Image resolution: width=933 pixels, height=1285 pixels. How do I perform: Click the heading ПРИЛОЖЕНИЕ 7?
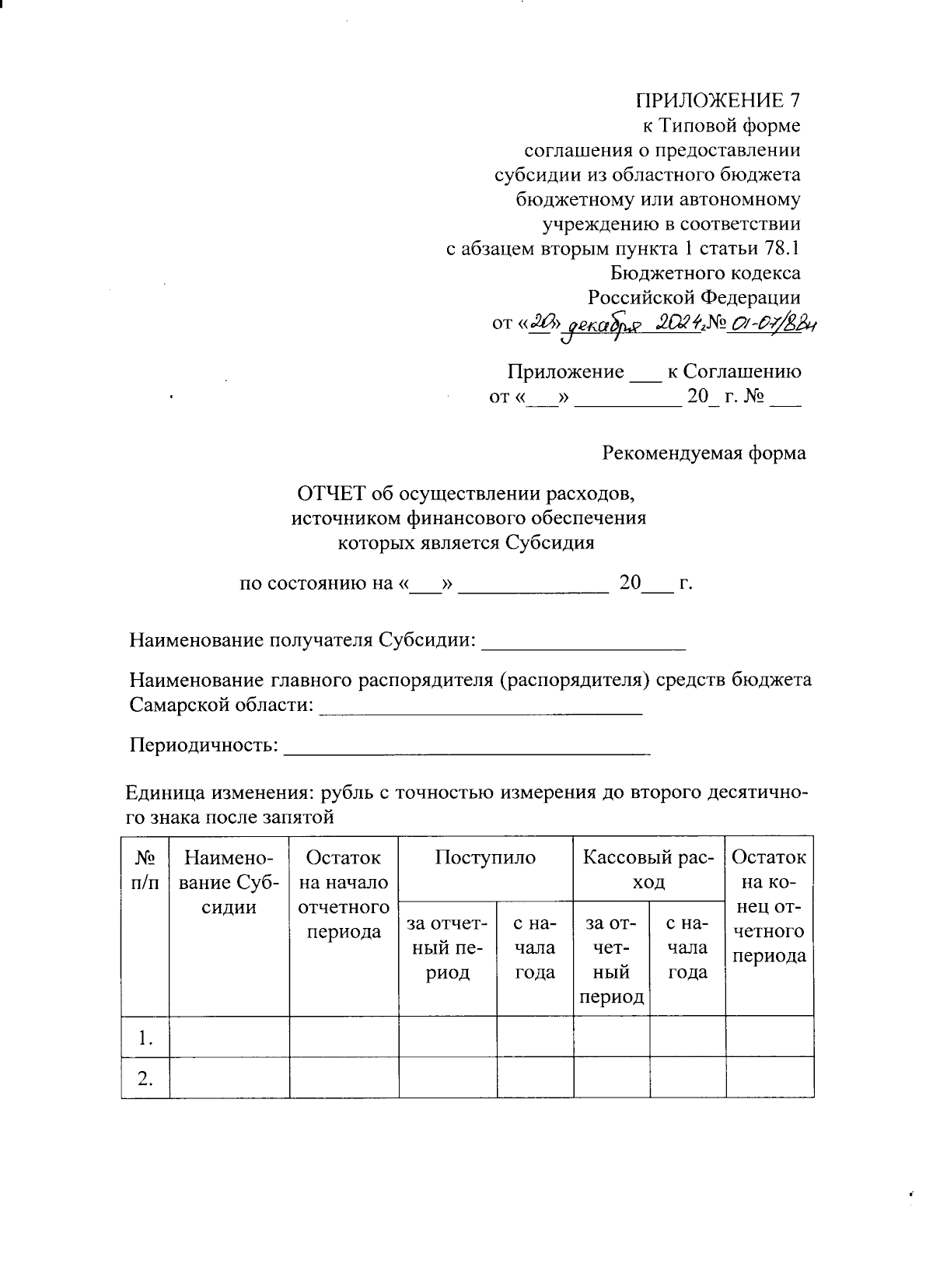click(718, 100)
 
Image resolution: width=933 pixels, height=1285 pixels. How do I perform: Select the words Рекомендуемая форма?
click(704, 453)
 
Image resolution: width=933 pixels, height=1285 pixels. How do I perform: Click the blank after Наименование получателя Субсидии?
click(584, 641)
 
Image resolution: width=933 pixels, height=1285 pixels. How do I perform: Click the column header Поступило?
click(485, 857)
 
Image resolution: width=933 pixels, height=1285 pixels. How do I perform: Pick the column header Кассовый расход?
click(648, 869)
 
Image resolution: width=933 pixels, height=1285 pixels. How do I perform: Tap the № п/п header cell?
click(145, 869)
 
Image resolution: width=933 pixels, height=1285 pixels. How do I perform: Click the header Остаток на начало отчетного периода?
click(344, 894)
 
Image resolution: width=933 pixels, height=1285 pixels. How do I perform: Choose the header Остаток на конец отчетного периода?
click(769, 906)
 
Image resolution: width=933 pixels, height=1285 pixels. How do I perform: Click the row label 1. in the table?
click(144, 1038)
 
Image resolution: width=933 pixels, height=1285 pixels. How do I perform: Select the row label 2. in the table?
click(144, 1078)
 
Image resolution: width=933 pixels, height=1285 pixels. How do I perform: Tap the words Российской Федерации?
click(694, 298)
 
